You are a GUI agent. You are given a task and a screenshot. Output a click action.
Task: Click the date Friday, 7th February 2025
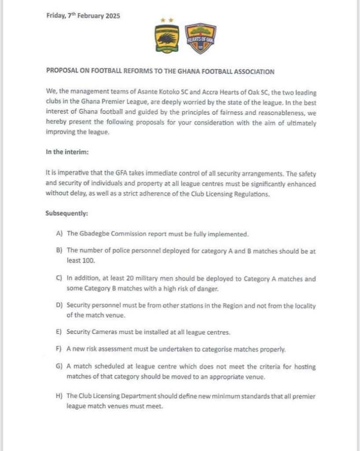[83, 16]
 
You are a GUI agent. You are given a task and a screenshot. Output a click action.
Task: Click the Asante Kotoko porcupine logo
[165, 40]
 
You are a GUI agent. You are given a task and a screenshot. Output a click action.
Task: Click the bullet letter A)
[60, 234]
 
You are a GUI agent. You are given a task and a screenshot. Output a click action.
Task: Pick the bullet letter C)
[60, 279]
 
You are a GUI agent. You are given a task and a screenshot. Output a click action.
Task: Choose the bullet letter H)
[60, 396]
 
